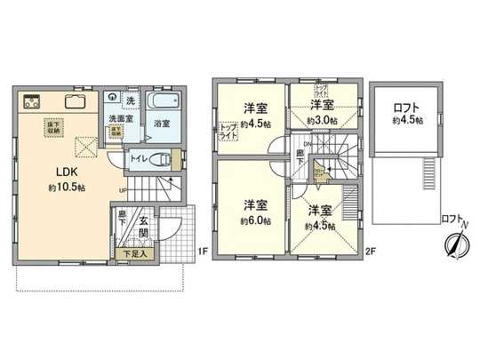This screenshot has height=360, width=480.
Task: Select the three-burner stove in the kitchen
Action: [x=29, y=100]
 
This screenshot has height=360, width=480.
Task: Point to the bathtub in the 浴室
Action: [x=164, y=103]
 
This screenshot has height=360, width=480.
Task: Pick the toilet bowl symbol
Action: [x=161, y=161]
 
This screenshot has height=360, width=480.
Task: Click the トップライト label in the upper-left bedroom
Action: [x=228, y=131]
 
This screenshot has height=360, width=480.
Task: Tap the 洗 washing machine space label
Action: [x=131, y=100]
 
